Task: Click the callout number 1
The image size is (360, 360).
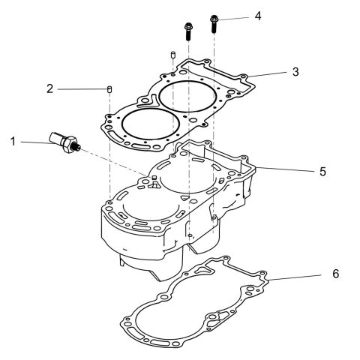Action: coord(12,140)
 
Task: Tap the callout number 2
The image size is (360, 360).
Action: coord(50,89)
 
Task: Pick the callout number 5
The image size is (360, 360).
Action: coord(322,171)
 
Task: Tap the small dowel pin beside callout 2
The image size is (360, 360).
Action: coord(109,90)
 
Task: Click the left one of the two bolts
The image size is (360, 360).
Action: coord(187,32)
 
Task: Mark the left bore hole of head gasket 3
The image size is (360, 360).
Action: coord(143,124)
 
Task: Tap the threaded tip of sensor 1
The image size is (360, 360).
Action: coord(76,149)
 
